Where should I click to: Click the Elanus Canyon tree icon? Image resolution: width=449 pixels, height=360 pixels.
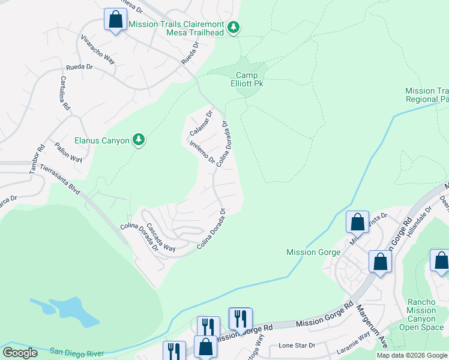click(x=139, y=140)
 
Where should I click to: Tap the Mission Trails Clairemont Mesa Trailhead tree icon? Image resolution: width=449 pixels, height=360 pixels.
click(x=234, y=27)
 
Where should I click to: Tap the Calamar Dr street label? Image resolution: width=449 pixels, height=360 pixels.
click(x=201, y=122)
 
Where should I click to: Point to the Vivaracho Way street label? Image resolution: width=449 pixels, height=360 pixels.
click(x=98, y=48)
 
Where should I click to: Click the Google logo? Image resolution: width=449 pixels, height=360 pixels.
click(x=20, y=353)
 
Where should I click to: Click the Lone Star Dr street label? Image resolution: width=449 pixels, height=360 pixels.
click(x=297, y=346)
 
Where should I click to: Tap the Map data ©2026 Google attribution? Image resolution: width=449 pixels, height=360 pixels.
click(x=412, y=355)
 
